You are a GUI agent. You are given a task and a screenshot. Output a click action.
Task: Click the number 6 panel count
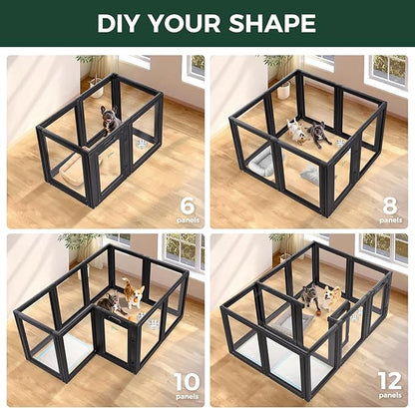point(188,207)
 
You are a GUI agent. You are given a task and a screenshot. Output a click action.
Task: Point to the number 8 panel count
point(390,205)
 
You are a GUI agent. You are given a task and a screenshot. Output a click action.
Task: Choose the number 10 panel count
point(187,381)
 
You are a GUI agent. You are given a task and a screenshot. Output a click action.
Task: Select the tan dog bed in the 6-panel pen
point(75,170)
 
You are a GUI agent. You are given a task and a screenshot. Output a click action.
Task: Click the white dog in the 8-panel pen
point(295,131)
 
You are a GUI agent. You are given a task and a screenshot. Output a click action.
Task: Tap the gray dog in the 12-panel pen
point(309,295)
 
